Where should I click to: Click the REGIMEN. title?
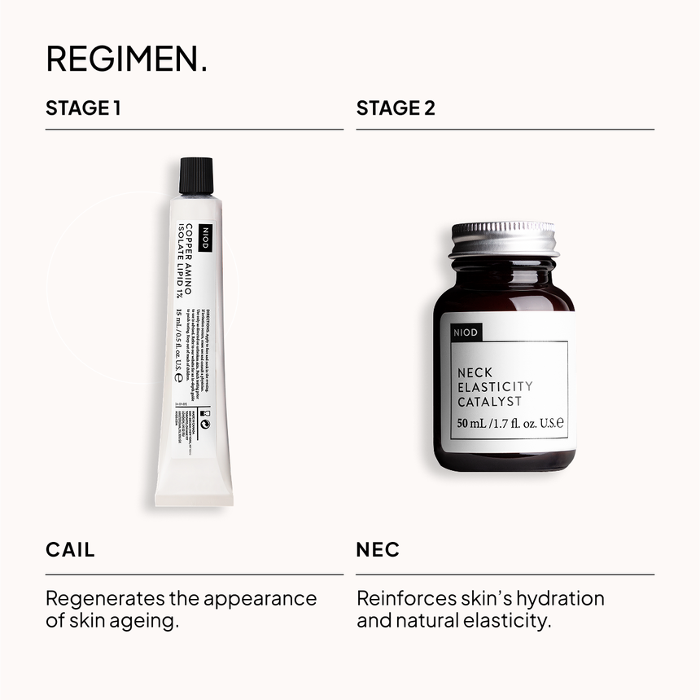(x=126, y=59)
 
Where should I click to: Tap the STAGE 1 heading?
(x=83, y=108)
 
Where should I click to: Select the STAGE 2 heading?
(x=396, y=108)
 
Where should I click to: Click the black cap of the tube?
(x=196, y=176)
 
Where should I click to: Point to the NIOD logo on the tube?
(x=203, y=237)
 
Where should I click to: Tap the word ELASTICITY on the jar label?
(x=495, y=387)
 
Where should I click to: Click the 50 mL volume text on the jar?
(x=472, y=424)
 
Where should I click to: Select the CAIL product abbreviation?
(x=70, y=550)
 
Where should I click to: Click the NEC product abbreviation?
(x=378, y=550)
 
